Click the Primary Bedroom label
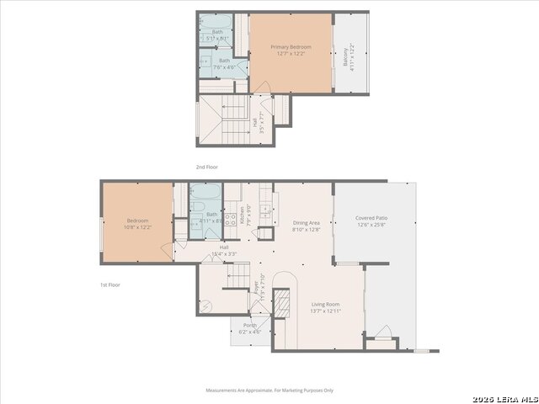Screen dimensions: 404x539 (291, 50)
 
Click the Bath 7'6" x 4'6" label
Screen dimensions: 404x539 (224, 64)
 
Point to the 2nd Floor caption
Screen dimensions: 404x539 (206, 167)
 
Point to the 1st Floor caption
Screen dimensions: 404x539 (110, 285)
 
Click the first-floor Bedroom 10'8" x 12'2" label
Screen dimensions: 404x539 (138, 224)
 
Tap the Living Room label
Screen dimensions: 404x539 (325, 307)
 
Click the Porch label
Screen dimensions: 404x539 (250, 328)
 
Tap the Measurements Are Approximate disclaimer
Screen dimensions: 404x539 (269, 390)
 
